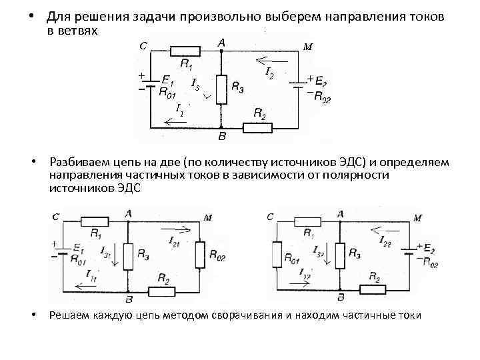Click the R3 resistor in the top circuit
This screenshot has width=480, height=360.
point(221,89)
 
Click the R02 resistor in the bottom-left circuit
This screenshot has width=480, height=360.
point(200,254)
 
